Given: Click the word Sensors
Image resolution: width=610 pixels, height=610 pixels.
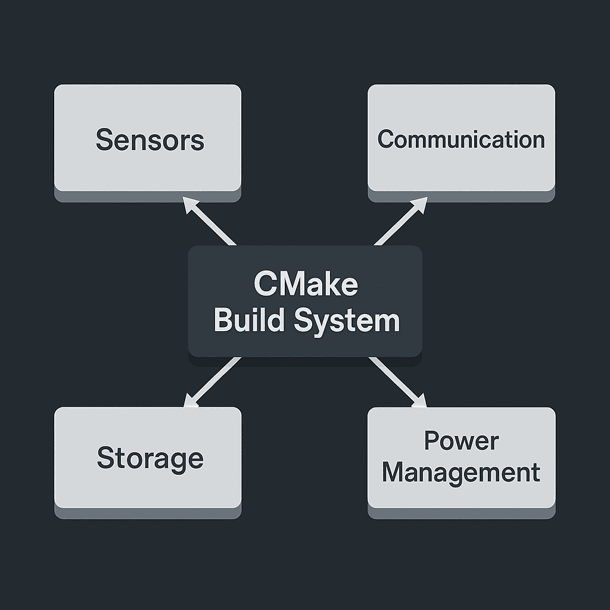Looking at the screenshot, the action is click(x=150, y=140).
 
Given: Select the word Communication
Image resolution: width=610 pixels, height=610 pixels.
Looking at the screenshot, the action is click(x=461, y=139).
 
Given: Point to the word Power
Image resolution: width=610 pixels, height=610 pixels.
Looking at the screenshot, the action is click(x=461, y=441).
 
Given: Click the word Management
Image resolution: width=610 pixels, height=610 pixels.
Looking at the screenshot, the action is click(x=461, y=473).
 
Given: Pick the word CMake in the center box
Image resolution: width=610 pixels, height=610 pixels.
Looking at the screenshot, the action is click(x=306, y=284).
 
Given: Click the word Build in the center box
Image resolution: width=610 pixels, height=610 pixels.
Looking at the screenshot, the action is click(x=250, y=320).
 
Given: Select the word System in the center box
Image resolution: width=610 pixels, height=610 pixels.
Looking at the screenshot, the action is click(x=347, y=321).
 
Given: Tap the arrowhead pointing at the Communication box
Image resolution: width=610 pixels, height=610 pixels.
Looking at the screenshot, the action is click(x=420, y=205).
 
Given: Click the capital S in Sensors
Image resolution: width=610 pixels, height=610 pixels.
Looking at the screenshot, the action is click(x=104, y=140).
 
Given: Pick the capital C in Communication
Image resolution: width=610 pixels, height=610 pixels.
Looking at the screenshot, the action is click(x=386, y=139).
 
